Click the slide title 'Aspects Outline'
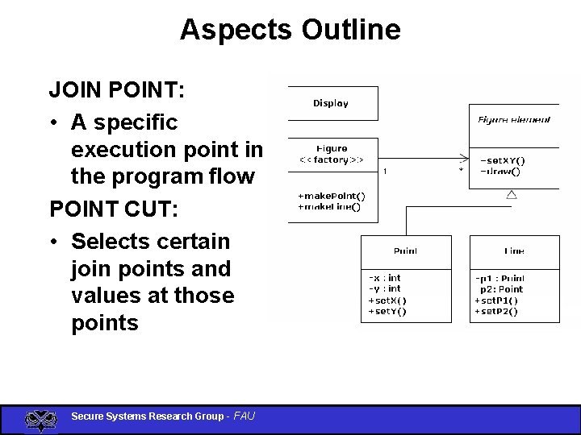[290, 30]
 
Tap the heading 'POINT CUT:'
[112, 209]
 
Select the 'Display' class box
[331, 103]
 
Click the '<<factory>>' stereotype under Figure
[332, 159]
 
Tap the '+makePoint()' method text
[331, 196]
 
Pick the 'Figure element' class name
[514, 120]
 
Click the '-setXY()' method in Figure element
[503, 159]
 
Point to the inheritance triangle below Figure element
[511, 194]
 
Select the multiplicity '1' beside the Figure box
[385, 171]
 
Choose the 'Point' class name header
[405, 251]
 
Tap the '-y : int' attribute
[385, 288]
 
